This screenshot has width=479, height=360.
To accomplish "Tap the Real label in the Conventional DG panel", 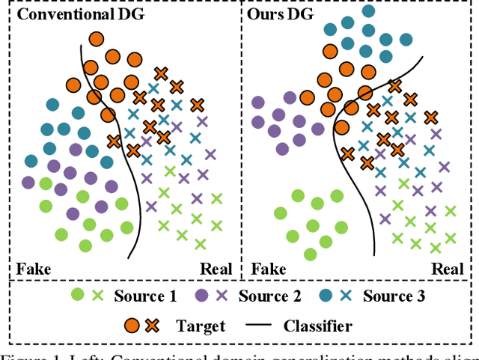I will pyautogui.click(x=216, y=269).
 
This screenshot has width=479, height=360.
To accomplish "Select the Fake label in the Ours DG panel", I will pyautogui.click(x=269, y=269).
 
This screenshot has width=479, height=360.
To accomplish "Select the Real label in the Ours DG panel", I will pyautogui.click(x=449, y=269).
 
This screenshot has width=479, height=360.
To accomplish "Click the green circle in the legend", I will pyautogui.click(x=77, y=296).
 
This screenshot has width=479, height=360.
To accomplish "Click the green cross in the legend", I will pyautogui.click(x=97, y=296).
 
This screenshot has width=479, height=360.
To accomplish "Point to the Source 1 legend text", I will pyautogui.click(x=145, y=296).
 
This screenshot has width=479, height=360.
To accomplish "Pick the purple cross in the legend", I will pyautogui.click(x=222, y=296).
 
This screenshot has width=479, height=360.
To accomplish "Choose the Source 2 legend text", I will pyautogui.click(x=269, y=296).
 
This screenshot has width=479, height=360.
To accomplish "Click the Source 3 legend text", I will pyautogui.click(x=394, y=296).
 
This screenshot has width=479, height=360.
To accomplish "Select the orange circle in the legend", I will pyautogui.click(x=131, y=326).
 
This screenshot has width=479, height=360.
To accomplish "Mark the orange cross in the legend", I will pyautogui.click(x=151, y=326).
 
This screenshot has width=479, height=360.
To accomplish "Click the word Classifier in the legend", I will pyautogui.click(x=317, y=326).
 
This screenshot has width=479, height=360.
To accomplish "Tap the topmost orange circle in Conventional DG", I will pyautogui.click(x=96, y=39).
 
